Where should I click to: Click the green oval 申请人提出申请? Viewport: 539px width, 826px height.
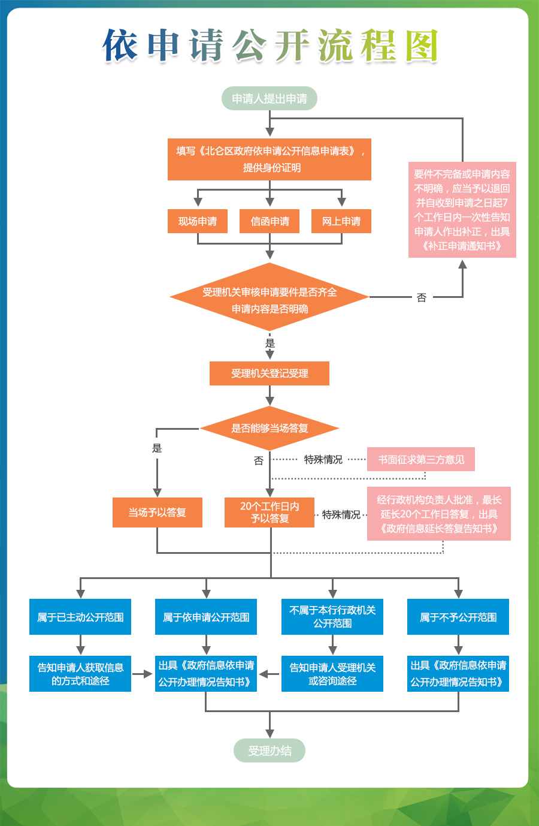[269, 99]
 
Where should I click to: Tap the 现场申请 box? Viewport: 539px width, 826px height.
[198, 221]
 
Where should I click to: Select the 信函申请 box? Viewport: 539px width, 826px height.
[269, 221]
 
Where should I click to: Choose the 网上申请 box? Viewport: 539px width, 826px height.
[341, 221]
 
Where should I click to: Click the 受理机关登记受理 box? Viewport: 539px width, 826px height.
[269, 373]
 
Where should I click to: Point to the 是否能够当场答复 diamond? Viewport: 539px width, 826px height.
[269, 428]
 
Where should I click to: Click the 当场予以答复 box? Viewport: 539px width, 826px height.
[157, 513]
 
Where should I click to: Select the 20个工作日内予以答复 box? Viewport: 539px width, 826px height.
[269, 513]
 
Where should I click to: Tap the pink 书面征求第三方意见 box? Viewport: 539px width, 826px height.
[421, 459]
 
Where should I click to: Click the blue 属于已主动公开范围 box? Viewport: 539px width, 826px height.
[80, 617]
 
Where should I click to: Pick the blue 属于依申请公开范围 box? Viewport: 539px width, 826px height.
[206, 617]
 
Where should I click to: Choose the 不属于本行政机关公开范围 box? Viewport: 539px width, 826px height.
[332, 617]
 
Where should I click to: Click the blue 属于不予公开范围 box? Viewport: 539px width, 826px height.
[458, 617]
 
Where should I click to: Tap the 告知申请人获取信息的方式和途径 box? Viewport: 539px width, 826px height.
[80, 674]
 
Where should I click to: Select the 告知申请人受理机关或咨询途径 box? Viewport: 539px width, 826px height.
[332, 674]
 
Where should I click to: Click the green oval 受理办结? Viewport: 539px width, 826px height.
[269, 750]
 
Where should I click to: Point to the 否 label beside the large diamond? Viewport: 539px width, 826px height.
[422, 297]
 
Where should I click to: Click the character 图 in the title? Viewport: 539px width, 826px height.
[422, 46]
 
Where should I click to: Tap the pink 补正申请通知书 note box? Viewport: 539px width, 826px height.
[462, 210]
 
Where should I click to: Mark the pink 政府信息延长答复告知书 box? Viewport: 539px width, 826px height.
[439, 514]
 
